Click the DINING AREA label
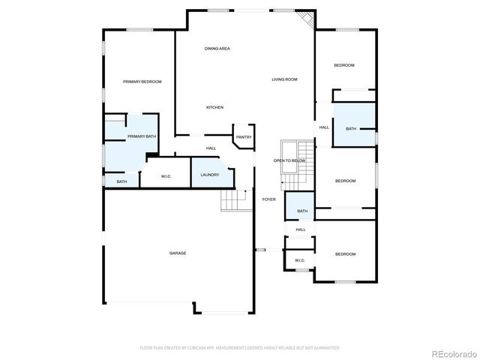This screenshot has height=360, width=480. (x=217, y=49)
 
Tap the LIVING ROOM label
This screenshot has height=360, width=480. (x=284, y=79)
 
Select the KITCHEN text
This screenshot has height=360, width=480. (x=215, y=107)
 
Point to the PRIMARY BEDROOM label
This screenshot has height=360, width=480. (x=142, y=82)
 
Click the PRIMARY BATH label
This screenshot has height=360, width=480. (x=141, y=136)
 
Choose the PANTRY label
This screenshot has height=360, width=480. (x=244, y=137)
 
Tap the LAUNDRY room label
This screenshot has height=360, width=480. (x=210, y=175)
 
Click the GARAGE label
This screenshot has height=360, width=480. (x=178, y=253)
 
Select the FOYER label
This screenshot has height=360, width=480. (x=268, y=199)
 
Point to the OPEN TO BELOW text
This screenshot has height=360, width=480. (x=289, y=160)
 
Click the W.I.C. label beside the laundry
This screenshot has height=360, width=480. (x=166, y=176)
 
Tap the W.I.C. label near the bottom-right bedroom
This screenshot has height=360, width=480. (x=300, y=260)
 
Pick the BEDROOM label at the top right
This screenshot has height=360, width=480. (x=344, y=65)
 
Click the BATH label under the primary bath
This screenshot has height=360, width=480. (x=121, y=181)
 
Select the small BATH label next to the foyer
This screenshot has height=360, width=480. (x=302, y=211)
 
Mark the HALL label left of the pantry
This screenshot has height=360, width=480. (x=211, y=148)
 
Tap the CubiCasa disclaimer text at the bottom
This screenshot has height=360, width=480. (x=240, y=347)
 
